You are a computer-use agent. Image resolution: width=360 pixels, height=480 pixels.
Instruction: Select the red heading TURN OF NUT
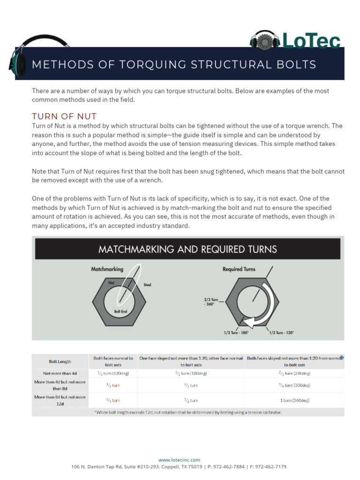[64, 116]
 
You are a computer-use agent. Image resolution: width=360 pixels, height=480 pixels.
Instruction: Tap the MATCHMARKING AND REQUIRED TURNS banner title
[187, 249]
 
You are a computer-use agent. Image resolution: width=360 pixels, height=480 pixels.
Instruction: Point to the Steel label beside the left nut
[147, 285]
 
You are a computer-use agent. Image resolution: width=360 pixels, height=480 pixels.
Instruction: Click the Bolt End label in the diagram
[120, 311]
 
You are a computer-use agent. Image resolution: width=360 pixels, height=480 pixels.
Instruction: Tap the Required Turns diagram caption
[239, 269]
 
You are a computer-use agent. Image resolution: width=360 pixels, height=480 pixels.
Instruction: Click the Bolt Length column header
[60, 361]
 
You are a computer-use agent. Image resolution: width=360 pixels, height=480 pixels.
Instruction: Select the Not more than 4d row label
[60, 373]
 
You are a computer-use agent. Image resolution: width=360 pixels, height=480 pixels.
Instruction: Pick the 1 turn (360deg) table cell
[294, 400]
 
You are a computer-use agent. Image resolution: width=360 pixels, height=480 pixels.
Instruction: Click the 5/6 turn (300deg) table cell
[294, 385]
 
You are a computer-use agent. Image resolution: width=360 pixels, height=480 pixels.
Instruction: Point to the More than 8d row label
[60, 400]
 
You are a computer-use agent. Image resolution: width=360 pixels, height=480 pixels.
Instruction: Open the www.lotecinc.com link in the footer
[180, 460]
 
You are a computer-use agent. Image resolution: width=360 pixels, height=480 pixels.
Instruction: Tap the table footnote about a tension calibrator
[187, 412]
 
